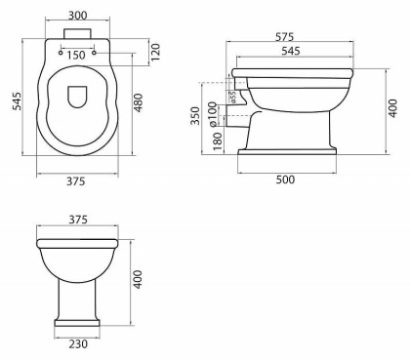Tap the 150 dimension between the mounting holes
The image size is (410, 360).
point(76,56)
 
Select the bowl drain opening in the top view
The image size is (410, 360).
point(77,100)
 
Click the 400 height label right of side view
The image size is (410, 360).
point(392,104)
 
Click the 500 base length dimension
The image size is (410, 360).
point(286,180)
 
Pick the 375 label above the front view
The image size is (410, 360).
point(77,220)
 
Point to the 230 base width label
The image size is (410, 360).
point(77,342)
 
